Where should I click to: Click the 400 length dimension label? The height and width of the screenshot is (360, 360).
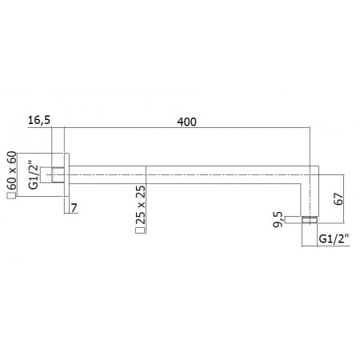(186, 122)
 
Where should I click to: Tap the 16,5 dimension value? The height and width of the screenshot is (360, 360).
(39, 120)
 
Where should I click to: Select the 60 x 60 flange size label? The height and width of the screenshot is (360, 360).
(12, 170)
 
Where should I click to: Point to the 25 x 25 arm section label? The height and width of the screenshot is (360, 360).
(141, 205)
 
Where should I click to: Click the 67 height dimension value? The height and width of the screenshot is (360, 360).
(338, 198)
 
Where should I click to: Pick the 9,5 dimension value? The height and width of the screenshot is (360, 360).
(278, 219)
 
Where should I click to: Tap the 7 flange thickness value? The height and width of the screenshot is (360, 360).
(74, 208)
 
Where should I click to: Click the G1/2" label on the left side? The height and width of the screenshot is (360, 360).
(34, 174)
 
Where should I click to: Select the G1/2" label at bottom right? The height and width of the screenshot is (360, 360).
(334, 238)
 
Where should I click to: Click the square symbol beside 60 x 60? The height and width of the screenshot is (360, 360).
(11, 196)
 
